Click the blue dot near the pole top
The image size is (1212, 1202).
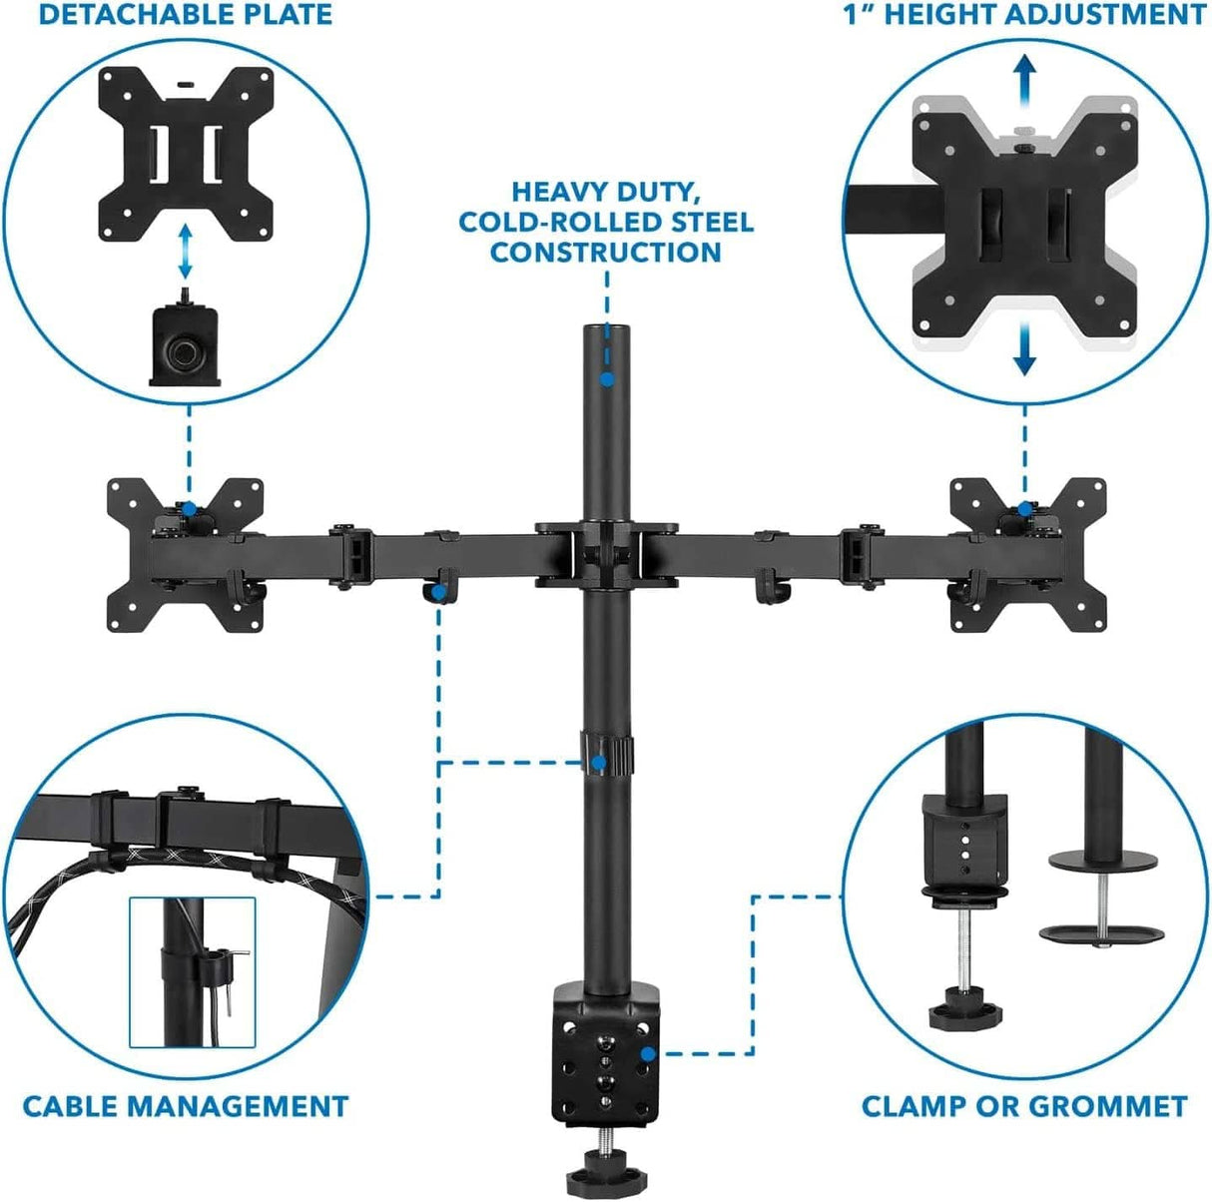tap(606, 378)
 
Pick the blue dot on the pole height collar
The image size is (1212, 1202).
tap(598, 764)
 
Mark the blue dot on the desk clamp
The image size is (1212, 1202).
tap(648, 1052)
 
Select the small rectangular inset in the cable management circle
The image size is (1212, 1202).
tap(193, 971)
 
